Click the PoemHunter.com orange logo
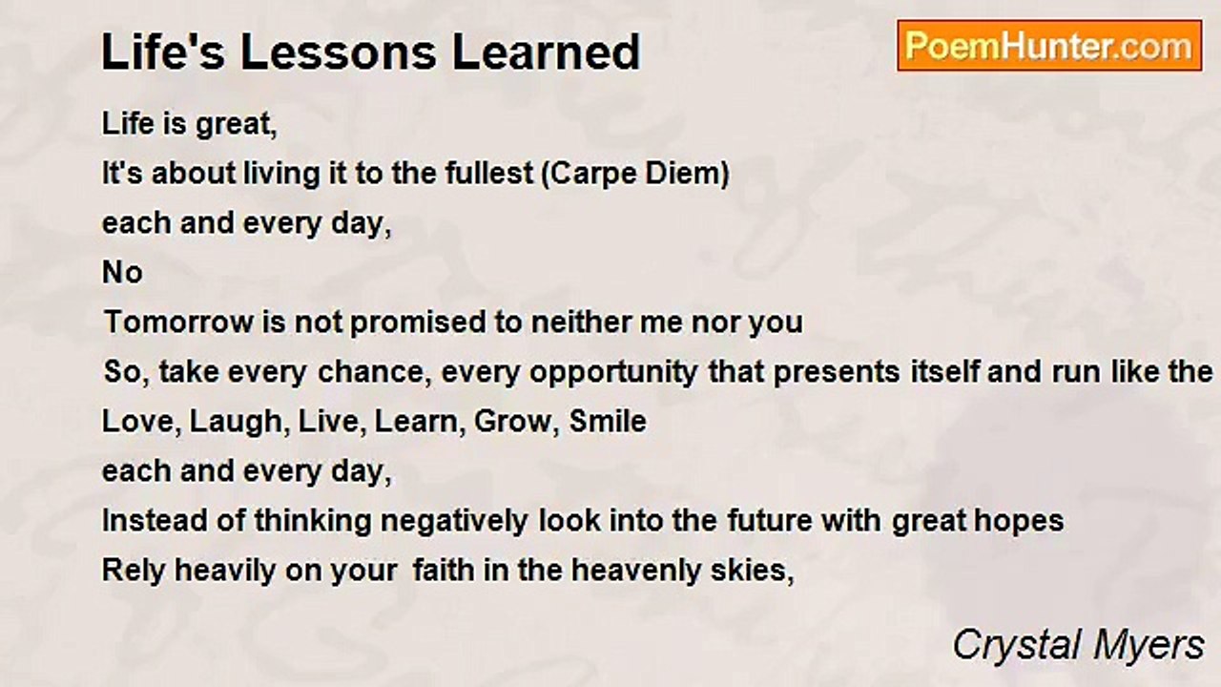click(1048, 46)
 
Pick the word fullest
click(487, 174)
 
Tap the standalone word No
click(122, 273)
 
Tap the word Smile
click(608, 422)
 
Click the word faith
click(442, 571)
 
